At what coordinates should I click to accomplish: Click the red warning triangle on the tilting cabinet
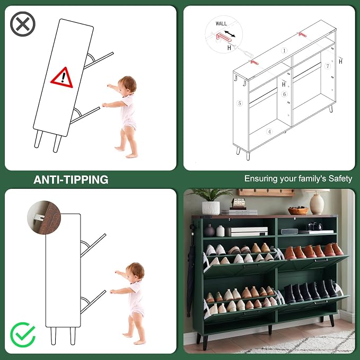(x=62, y=78)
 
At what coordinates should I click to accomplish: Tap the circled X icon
(x=22, y=24)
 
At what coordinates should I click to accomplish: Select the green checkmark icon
(x=23, y=335)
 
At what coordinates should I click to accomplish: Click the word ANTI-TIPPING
(x=71, y=180)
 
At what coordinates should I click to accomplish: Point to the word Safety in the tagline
(x=340, y=179)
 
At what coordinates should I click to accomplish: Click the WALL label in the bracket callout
(x=221, y=23)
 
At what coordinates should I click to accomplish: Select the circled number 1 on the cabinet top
(x=284, y=50)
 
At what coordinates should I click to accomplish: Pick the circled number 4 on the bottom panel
(x=269, y=132)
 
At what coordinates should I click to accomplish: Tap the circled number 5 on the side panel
(x=240, y=103)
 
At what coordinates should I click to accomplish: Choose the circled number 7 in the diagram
(x=328, y=66)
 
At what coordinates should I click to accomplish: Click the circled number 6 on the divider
(x=285, y=94)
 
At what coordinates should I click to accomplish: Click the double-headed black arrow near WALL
(x=230, y=34)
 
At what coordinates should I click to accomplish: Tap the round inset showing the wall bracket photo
(x=44, y=217)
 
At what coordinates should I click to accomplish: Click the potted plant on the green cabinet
(x=210, y=201)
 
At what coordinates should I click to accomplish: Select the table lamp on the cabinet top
(x=317, y=201)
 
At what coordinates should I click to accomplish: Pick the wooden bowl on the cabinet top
(x=298, y=210)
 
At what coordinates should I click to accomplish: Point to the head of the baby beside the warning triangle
(x=127, y=85)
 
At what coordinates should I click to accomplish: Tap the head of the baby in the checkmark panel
(x=135, y=271)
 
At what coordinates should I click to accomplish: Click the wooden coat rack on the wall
(x=266, y=192)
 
